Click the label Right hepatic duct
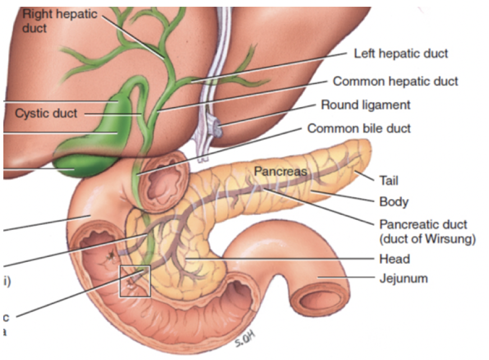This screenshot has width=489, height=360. pyautogui.click(x=60, y=20)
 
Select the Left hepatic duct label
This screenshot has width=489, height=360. pyautogui.click(x=401, y=54)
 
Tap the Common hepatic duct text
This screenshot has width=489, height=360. pyautogui.click(x=395, y=81)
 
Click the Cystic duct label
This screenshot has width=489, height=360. pyautogui.click(x=46, y=114)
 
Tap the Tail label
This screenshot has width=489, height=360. pyautogui.click(x=388, y=181)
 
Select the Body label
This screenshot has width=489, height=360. pyautogui.click(x=394, y=201)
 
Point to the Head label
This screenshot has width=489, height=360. pyautogui.click(x=394, y=259)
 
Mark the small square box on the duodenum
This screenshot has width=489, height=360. pyautogui.click(x=135, y=280)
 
